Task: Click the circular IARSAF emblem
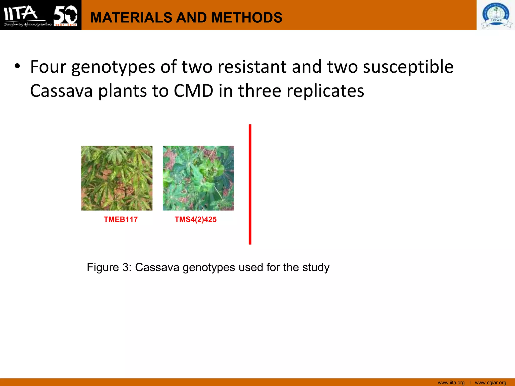click(496, 15)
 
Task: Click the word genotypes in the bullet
click(113, 67)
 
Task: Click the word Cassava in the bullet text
click(61, 91)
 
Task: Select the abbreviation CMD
click(193, 91)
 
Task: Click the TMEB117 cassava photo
click(117, 178)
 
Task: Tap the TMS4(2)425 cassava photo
click(198, 178)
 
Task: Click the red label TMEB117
click(121, 219)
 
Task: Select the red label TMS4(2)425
click(196, 219)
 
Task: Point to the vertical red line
click(250, 184)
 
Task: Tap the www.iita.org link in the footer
click(451, 382)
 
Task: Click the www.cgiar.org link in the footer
click(490, 382)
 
